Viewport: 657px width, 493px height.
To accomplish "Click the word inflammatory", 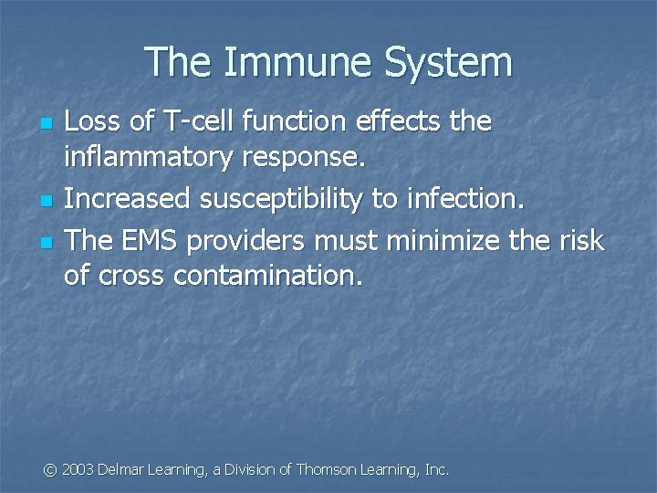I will pyautogui.click(x=149, y=159).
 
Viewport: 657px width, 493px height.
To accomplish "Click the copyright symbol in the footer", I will pyautogui.click(x=51, y=469).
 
